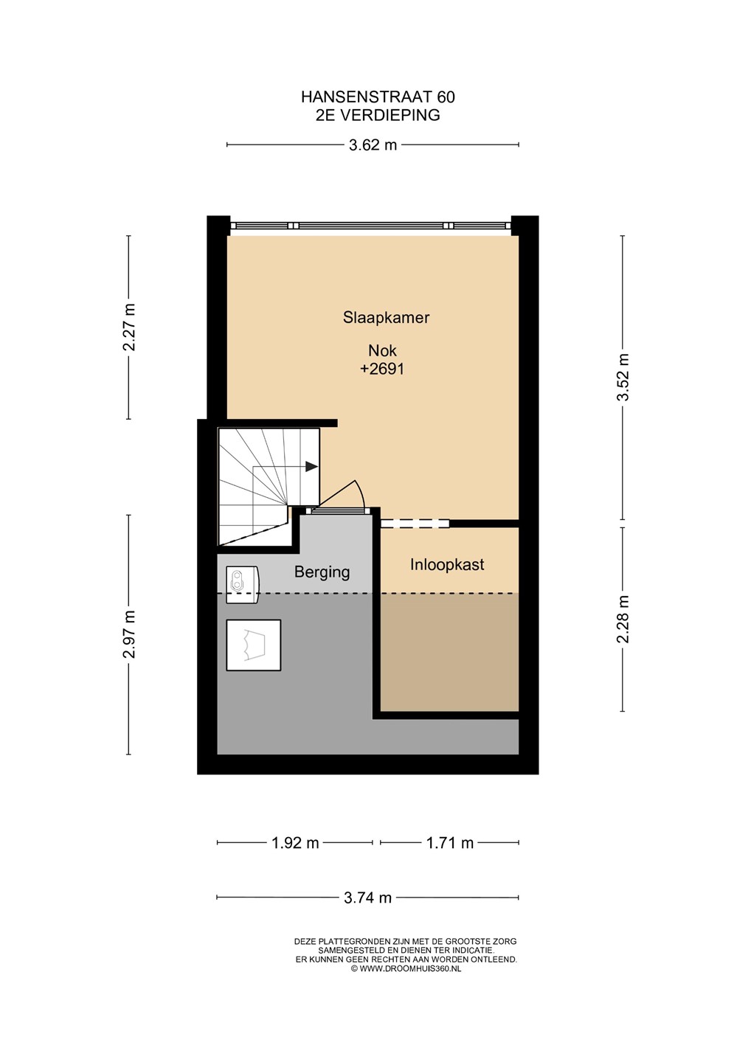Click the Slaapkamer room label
386,318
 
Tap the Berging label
322,572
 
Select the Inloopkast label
447,565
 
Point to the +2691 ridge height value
382,369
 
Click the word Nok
382,351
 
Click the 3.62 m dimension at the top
373,145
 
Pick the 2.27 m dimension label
129,327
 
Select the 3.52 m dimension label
623,378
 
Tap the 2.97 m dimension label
129,634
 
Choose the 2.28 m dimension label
623,619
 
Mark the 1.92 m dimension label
295,843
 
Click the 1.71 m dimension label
450,843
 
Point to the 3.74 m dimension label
367,898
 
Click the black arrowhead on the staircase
311,467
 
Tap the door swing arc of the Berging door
360,493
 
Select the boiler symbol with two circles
242,584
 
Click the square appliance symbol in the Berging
254,645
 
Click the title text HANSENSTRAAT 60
378,97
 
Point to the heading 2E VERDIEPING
378,115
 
